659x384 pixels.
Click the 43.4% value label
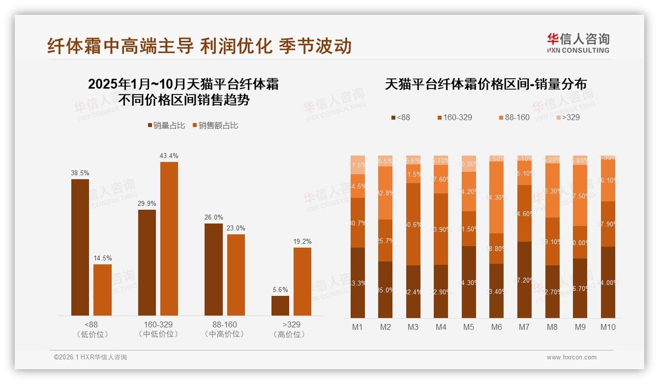(x=169, y=156)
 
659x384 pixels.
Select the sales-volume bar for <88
(x=80, y=247)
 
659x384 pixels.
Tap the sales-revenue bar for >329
(x=302, y=281)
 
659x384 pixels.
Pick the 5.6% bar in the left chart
(x=280, y=305)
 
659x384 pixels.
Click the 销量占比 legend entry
(x=166, y=126)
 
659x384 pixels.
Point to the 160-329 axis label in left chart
(x=158, y=325)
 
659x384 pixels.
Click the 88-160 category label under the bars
(x=224, y=325)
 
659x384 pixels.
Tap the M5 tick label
(x=469, y=327)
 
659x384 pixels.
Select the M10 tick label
(x=608, y=327)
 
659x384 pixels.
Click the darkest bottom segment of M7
(x=524, y=280)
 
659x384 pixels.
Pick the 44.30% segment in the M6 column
(x=497, y=197)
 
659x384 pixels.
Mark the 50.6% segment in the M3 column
(x=413, y=224)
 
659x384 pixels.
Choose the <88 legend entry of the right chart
(x=400, y=118)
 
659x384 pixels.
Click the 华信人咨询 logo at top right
(x=578, y=43)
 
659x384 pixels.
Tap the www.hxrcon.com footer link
(x=571, y=357)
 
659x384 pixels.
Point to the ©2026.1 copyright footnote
(x=90, y=357)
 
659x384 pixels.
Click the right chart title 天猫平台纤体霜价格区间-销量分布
(x=485, y=84)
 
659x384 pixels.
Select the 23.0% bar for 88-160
(x=236, y=275)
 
